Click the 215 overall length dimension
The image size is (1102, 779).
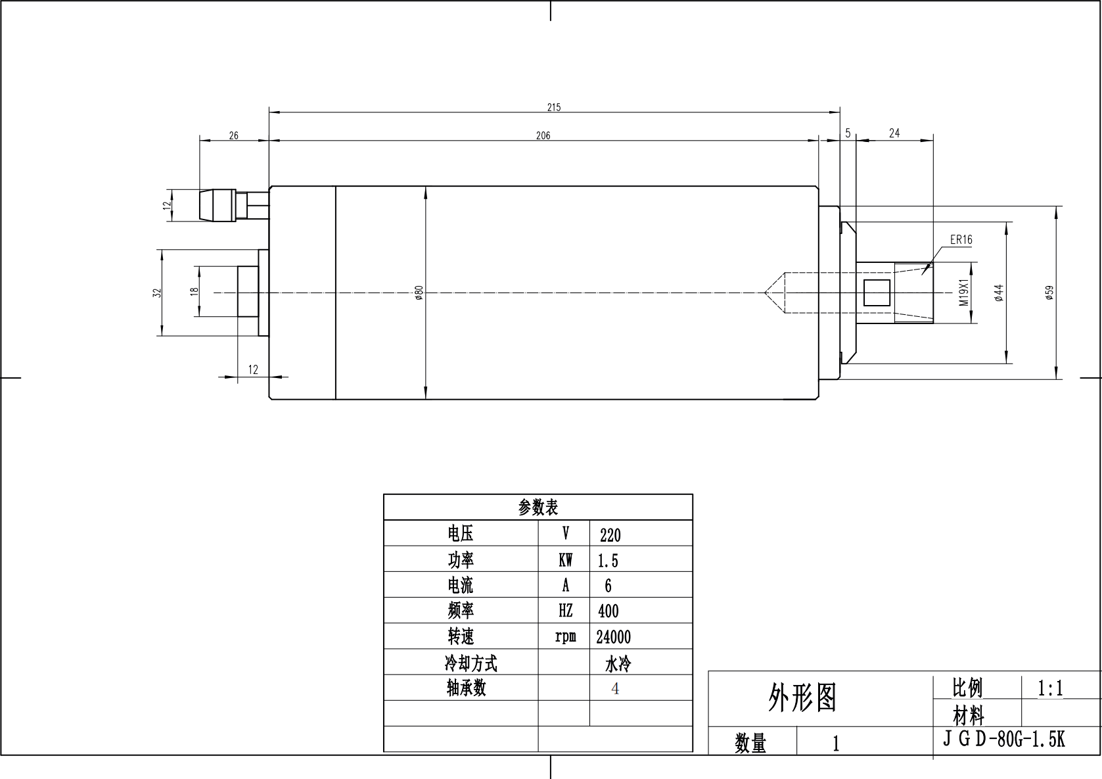pos(554,107)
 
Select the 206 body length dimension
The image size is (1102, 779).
pos(543,135)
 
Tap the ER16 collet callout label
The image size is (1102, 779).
pos(961,240)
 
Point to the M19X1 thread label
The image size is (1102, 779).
pos(965,293)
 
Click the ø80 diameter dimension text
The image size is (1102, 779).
pos(419,293)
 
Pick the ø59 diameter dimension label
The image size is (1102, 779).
pos(1049,293)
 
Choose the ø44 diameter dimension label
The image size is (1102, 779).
pos(999,293)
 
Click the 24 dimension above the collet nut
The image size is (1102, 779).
pos(894,133)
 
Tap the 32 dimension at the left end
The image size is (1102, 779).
pos(156,293)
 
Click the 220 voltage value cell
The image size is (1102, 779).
pos(610,535)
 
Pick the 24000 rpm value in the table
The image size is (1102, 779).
pos(613,637)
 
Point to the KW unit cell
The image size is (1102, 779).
pos(565,560)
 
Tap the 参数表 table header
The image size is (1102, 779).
pos(538,508)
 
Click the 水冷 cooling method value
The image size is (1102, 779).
pos(618,664)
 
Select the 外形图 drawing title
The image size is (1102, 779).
pos(802,697)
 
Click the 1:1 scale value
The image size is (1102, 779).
pos(1050,688)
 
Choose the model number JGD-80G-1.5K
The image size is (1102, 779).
pos(1003,740)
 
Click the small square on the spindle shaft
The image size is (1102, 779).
pos(876,292)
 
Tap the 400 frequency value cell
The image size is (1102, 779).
pos(608,611)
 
